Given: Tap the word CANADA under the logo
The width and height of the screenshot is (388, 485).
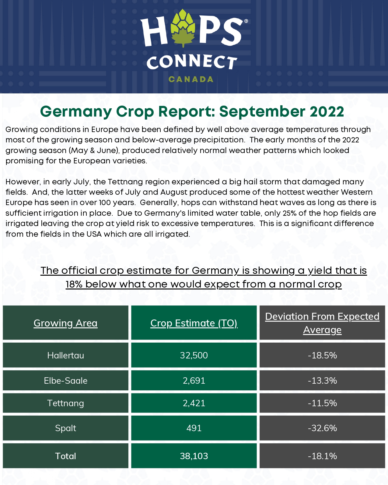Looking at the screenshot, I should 191,79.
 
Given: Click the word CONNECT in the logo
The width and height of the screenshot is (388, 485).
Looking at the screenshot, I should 192,62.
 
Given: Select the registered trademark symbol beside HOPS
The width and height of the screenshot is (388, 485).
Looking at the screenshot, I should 246,21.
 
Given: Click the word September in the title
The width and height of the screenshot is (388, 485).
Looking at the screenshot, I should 262,112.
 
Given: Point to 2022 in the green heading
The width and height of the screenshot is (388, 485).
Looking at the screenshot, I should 327,112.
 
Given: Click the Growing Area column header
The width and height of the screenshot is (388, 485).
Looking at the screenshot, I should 65,323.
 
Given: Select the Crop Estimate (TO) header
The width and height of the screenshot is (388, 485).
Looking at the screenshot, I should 194,323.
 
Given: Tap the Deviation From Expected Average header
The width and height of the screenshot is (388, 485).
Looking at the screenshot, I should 322,323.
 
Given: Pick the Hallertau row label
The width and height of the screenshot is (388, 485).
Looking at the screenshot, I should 65,355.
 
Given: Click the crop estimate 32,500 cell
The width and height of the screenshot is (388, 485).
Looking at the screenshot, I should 194,355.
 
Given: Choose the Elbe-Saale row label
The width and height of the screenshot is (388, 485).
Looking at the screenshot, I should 65,381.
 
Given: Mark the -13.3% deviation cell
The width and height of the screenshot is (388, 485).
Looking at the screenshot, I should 322,381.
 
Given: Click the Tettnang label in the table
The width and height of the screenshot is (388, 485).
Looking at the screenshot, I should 65,403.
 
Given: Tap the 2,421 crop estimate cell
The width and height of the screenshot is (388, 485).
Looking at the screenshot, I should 194,403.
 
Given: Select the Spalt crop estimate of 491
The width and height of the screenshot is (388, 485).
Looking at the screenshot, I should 194,428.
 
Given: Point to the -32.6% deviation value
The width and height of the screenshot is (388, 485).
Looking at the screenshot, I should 322,428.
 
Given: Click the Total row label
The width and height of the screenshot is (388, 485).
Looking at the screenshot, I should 65,456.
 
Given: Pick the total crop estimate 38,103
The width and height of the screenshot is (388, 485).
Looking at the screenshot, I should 194,456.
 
